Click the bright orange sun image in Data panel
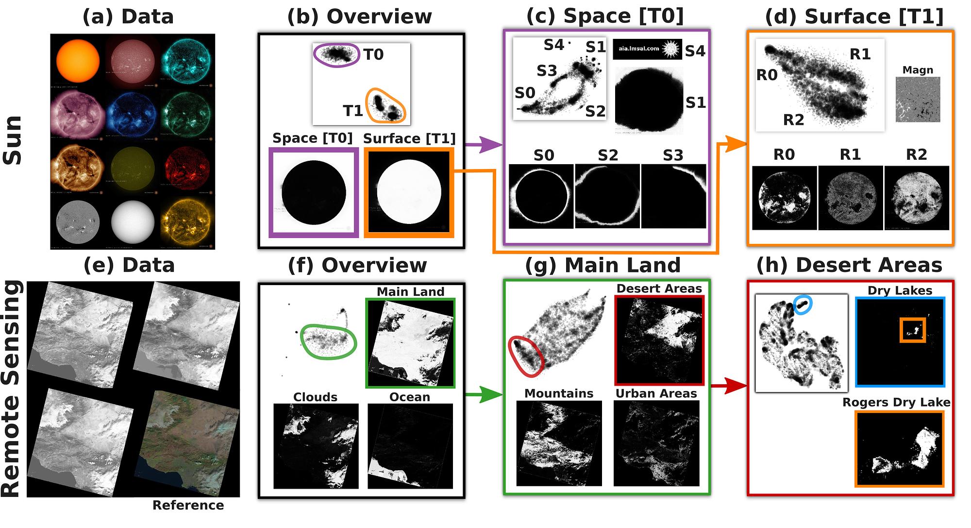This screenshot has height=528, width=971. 78,61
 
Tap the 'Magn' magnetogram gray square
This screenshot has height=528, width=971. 918,100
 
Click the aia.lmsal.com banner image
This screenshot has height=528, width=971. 647,49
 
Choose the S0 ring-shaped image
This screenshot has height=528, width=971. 541,197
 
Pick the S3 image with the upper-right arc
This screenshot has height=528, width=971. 673,197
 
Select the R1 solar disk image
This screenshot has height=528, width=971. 851,198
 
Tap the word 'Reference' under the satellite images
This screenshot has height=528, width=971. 188,505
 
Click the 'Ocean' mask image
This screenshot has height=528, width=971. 410,446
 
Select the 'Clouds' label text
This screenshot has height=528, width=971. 315,397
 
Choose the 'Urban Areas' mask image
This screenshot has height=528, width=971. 656,443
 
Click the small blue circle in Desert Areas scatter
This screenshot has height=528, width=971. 803,305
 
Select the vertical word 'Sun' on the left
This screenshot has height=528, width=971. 13,141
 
